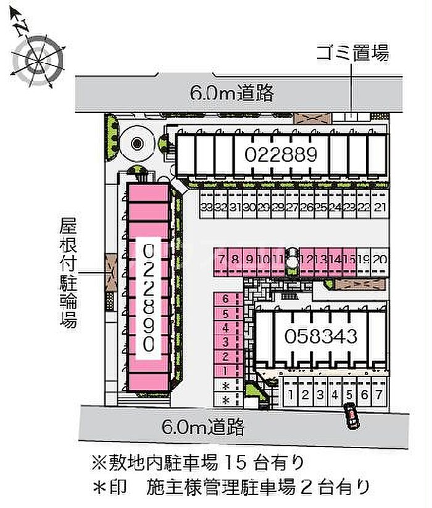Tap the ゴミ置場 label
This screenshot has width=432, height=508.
coord(352,53)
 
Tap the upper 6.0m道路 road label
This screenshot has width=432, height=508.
coord(232,93)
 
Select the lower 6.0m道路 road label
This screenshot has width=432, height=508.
coord(203,425)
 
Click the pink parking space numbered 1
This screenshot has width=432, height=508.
coord(226,370)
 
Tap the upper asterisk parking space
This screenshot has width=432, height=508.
coord(226,386)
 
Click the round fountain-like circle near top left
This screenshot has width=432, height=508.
coord(137,143)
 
